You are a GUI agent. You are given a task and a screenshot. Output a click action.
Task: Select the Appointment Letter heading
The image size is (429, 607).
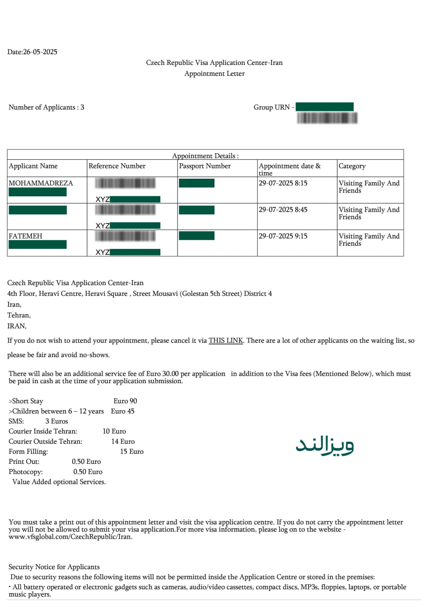(x=214, y=74)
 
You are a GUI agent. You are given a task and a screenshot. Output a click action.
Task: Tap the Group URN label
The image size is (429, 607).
(x=271, y=107)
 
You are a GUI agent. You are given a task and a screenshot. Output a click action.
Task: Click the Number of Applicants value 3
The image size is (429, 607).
(x=82, y=107)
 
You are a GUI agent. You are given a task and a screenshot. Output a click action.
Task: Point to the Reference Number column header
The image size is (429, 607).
(x=117, y=166)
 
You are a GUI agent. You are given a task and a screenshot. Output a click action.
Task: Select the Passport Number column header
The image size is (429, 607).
(x=205, y=166)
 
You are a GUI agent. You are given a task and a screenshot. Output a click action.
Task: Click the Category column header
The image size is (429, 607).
(x=352, y=166)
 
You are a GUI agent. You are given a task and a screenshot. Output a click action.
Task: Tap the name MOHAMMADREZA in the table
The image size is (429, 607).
(x=41, y=183)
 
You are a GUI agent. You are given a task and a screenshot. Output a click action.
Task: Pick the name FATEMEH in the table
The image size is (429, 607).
(x=26, y=236)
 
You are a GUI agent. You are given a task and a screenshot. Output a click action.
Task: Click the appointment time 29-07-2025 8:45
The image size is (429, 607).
(x=283, y=210)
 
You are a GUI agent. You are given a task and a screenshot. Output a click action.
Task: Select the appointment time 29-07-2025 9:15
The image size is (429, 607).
(x=283, y=236)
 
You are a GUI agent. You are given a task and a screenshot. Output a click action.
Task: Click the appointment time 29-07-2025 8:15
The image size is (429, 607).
(x=283, y=183)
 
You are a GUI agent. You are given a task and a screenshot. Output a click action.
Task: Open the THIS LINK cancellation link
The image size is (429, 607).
(x=226, y=340)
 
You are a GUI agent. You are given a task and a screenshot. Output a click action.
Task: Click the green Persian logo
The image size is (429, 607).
(x=325, y=446)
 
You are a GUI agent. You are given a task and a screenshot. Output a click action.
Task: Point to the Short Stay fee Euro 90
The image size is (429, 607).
(x=125, y=401)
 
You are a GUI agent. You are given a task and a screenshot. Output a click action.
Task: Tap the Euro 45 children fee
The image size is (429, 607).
(x=122, y=411)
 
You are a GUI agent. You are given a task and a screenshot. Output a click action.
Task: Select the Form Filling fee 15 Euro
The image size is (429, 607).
(x=131, y=451)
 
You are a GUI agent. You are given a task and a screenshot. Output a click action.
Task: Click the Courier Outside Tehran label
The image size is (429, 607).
(x=46, y=441)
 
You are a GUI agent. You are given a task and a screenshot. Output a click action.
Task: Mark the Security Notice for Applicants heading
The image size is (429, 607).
(x=54, y=567)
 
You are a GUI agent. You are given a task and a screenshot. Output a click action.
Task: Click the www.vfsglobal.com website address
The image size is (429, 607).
(x=71, y=537)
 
